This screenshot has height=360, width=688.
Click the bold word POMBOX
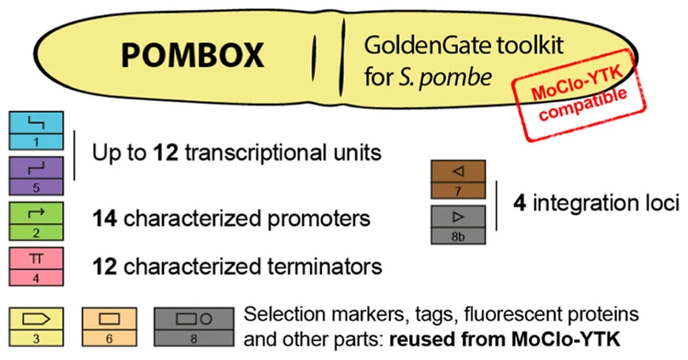(x=192, y=55)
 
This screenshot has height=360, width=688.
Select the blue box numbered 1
(x=37, y=131)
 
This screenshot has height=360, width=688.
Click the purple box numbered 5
(x=37, y=176)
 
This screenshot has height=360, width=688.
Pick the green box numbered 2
(x=37, y=221)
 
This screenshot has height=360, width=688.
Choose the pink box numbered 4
(x=37, y=267)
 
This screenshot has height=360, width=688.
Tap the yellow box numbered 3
(x=37, y=327)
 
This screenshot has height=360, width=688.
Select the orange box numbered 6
(x=110, y=327)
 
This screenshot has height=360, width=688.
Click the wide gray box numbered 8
(x=194, y=327)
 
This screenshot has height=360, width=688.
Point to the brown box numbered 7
(x=458, y=179)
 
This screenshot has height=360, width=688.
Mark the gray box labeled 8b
(x=458, y=224)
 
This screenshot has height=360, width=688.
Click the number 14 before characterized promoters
(x=104, y=218)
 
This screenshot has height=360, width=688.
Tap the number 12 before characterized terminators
(x=104, y=267)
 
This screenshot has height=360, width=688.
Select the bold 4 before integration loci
(x=520, y=203)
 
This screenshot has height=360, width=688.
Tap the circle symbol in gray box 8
(x=206, y=319)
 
